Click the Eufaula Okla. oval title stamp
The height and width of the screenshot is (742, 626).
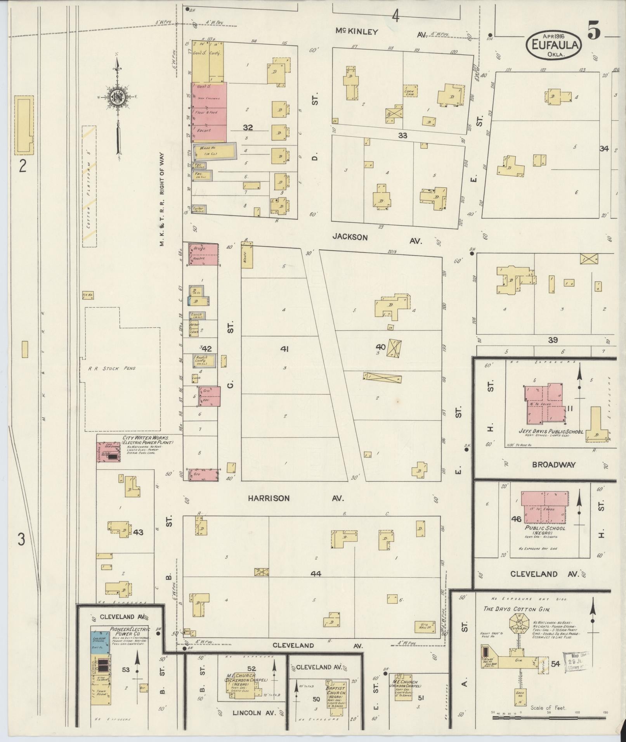click(553, 45)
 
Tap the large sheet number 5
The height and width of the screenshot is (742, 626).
click(594, 31)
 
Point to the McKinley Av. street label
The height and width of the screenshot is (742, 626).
click(357, 32)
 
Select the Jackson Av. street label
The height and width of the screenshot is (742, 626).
click(350, 237)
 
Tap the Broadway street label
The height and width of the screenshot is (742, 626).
click(553, 465)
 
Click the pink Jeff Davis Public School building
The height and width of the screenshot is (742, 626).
click(543, 403)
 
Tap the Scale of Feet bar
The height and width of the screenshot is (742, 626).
click(549, 718)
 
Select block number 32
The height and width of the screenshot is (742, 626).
click(248, 127)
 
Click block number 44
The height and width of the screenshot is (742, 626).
click(316, 573)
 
